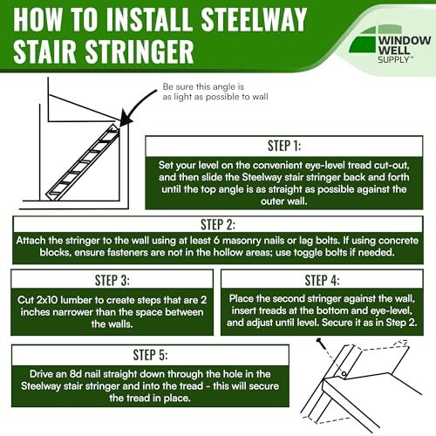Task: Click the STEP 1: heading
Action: click(x=284, y=146)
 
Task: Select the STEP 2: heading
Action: click(x=218, y=225)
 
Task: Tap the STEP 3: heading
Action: click(x=112, y=281)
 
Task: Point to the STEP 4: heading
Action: click(x=322, y=281)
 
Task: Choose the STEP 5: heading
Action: click(x=150, y=355)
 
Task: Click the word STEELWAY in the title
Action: click(x=254, y=20)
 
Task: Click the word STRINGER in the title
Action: click(x=140, y=51)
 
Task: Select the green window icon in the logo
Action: click(x=364, y=39)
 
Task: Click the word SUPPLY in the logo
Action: click(x=393, y=59)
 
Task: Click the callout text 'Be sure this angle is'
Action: click(x=203, y=86)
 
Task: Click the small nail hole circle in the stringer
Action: click(x=344, y=373)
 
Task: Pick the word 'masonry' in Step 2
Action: click(x=242, y=241)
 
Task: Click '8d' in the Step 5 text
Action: click(x=76, y=374)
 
